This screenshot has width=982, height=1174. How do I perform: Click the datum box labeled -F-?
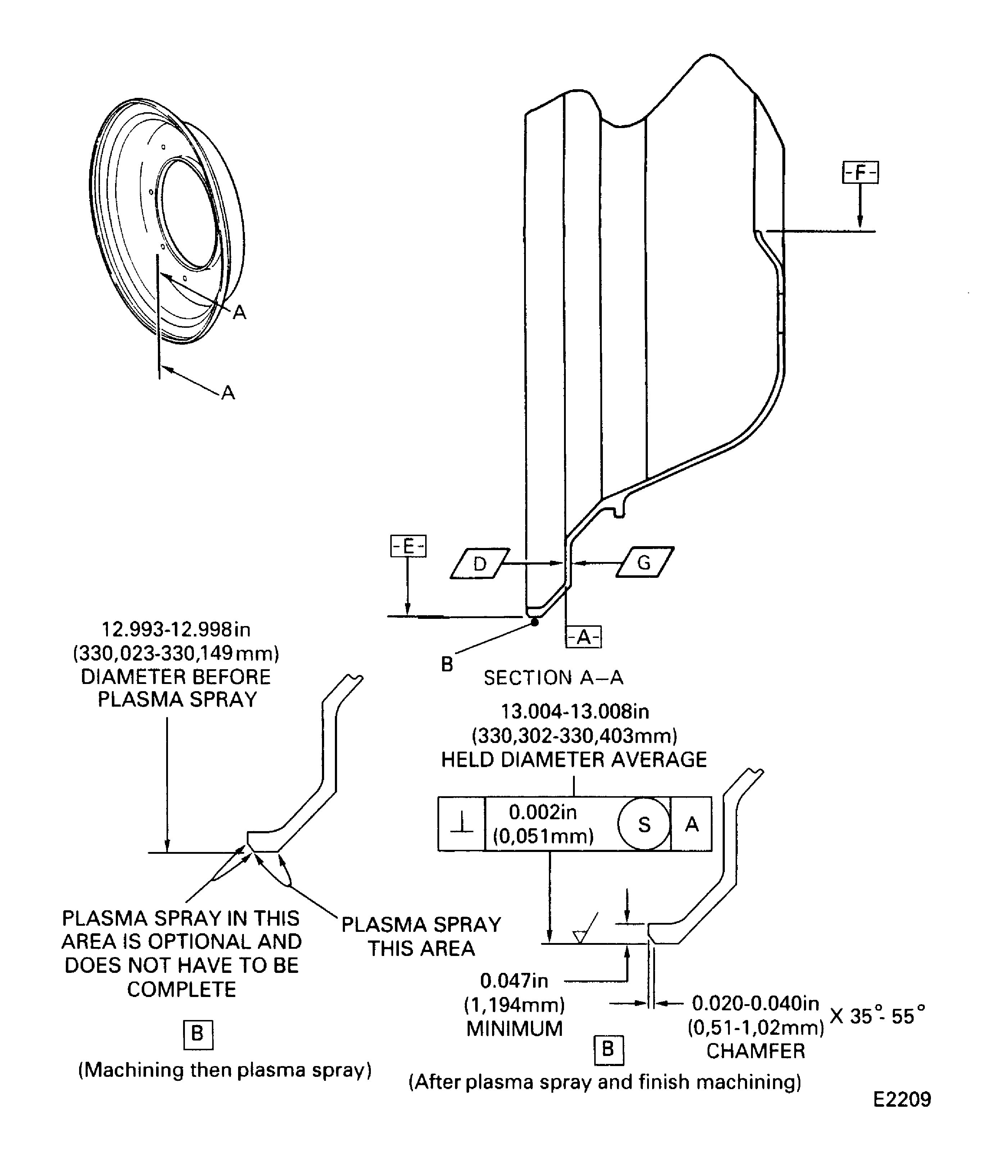click(860, 173)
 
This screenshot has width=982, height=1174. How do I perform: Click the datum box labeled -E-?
click(408, 546)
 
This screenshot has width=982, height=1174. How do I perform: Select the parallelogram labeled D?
click(479, 563)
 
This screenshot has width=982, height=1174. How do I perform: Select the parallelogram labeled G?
click(645, 562)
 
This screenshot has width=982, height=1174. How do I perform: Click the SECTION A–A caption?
click(553, 678)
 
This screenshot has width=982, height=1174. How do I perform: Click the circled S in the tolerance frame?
click(644, 825)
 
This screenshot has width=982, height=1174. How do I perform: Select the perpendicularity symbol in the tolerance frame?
click(462, 824)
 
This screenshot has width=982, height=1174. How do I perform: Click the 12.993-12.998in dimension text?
click(176, 630)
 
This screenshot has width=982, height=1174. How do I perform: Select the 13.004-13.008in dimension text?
click(574, 712)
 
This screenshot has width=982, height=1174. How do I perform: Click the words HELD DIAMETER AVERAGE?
click(574, 760)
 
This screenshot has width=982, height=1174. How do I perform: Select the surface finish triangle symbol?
click(581, 935)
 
